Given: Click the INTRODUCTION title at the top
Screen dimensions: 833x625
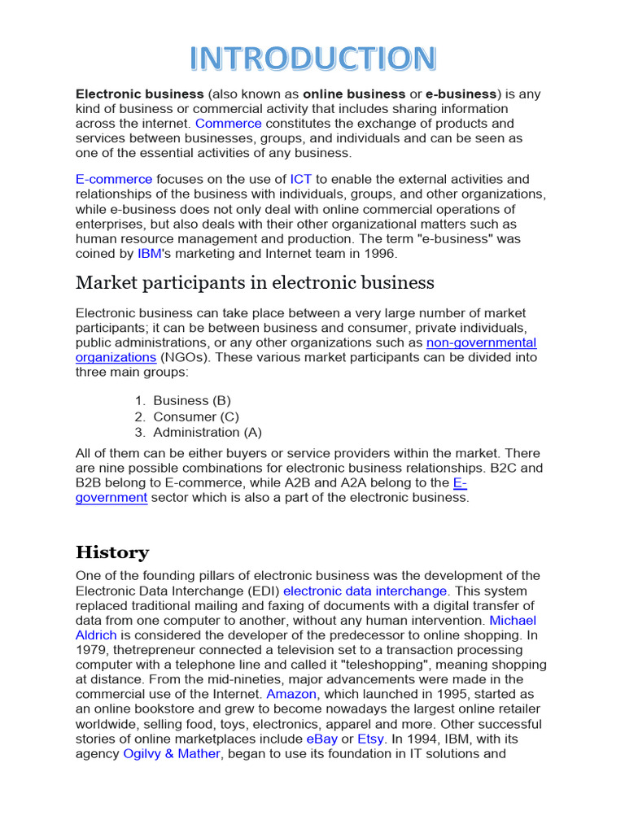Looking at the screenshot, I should pyautogui.click(x=312, y=59).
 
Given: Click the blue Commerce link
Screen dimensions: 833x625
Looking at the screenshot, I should pyautogui.click(x=228, y=124).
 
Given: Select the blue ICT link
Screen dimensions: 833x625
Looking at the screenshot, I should pyautogui.click(x=300, y=179).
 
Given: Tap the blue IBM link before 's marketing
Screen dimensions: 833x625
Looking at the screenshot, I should pyautogui.click(x=149, y=254).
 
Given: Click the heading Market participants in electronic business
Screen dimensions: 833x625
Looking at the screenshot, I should pyautogui.click(x=255, y=283).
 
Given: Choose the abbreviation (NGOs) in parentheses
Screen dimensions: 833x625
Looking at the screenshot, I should pyautogui.click(x=183, y=357).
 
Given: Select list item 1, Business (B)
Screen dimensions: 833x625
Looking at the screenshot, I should pyautogui.click(x=192, y=400).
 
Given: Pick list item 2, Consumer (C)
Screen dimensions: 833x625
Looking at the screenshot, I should pyautogui.click(x=195, y=416).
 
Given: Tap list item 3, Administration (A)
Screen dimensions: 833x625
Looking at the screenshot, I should pyautogui.click(x=207, y=433).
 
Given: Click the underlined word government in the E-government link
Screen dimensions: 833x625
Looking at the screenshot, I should pyautogui.click(x=111, y=498).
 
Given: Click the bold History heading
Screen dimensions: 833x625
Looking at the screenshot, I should pyautogui.click(x=112, y=553).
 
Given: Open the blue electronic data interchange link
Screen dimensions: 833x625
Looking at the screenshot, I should pyautogui.click(x=365, y=591).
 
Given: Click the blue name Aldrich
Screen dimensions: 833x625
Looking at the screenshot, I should pyautogui.click(x=96, y=635).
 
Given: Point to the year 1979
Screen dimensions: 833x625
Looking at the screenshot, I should pyautogui.click(x=90, y=650).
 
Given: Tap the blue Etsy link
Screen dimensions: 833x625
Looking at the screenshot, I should pyautogui.click(x=370, y=739).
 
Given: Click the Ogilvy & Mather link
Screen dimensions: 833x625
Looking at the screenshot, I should pyautogui.click(x=172, y=753).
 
